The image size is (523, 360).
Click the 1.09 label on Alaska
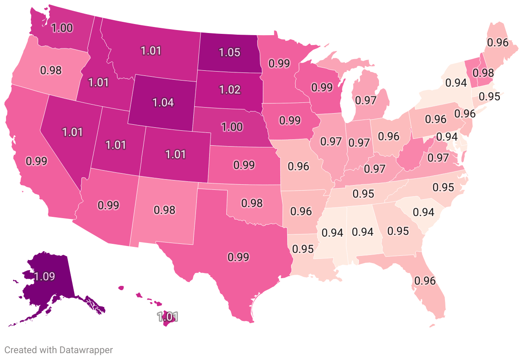click(45, 276)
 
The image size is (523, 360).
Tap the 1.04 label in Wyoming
click(163, 103)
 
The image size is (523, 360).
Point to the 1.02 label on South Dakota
click(229, 90)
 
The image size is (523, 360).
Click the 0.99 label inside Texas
click(238, 257)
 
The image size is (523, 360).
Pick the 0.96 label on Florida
click(425, 281)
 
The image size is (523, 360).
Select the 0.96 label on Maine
click(498, 42)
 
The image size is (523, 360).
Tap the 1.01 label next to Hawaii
click(167, 318)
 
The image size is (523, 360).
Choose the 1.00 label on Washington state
click(62, 28)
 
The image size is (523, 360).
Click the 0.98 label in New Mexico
click(165, 210)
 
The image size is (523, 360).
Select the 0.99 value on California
click(36, 161)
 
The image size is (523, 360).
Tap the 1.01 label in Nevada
click(72, 132)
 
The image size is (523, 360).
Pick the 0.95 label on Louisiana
click(303, 249)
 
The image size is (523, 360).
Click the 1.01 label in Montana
click(150, 51)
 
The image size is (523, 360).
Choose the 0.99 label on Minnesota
click(279, 64)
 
